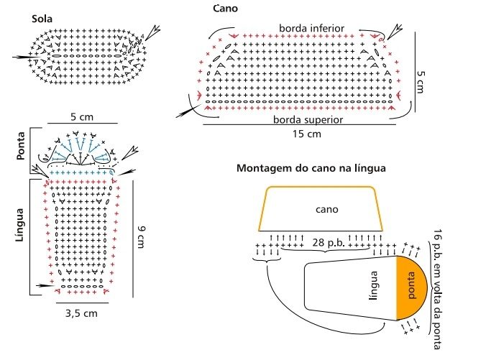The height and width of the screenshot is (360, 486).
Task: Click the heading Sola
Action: coord(42,19)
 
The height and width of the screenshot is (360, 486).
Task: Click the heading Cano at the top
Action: coord(225,9)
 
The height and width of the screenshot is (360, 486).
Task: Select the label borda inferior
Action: coord(311,28)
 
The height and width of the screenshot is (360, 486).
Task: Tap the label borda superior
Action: coord(308,119)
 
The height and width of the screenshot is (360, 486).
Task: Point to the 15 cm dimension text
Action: coord(306,134)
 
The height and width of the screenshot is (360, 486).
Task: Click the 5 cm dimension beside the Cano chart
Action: coord(421,82)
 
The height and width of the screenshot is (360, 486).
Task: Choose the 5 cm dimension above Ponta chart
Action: coord(82,117)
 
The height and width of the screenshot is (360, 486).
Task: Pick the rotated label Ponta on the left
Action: coord(21,146)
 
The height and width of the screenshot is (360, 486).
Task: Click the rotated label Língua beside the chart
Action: coord(20,225)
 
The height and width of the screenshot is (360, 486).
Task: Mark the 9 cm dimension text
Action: coord(142,237)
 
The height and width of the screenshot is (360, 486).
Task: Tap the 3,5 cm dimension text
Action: coord(81,313)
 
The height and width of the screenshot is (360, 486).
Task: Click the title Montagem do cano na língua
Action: coord(311,168)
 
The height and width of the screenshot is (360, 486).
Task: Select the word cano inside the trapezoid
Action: coord(326,209)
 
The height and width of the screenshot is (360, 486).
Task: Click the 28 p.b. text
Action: coord(329,242)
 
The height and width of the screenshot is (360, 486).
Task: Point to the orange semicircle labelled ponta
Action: coord(412,287)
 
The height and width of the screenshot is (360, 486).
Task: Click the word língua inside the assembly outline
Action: coord(374,286)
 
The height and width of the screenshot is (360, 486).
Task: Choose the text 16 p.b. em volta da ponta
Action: coord(437,289)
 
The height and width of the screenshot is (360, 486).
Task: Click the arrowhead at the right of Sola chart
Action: coord(152,33)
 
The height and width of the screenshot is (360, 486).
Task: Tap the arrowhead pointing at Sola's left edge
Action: coord(22,57)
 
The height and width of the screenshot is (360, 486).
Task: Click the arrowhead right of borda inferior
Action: coord(394,32)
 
